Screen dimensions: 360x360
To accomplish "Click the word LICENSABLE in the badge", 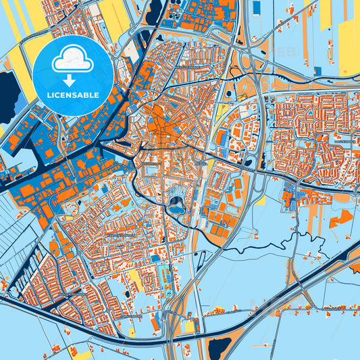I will pyautogui.click(x=72, y=95).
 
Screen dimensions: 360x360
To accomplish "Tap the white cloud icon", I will pyautogui.click(x=72, y=59).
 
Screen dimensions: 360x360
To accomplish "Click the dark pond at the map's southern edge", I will pyautogui.click(x=220, y=348).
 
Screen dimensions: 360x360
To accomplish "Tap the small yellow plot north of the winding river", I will pyautogui.click(x=261, y=201).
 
